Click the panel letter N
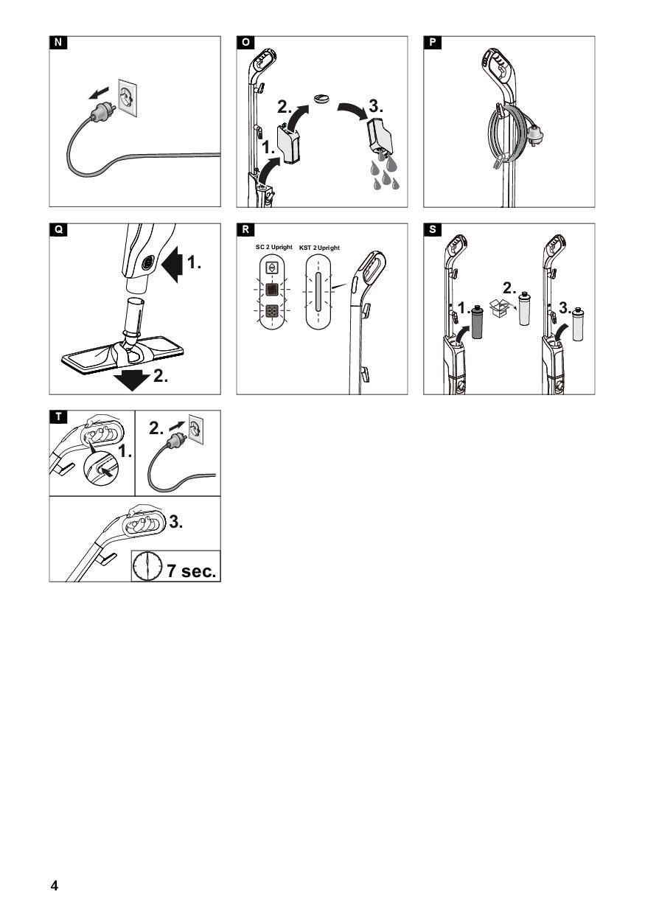pyautogui.click(x=58, y=43)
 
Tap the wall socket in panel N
pyautogui.click(x=128, y=97)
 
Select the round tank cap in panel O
pyautogui.click(x=322, y=99)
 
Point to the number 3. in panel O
pyautogui.click(x=376, y=106)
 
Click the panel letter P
pyautogui.click(x=433, y=43)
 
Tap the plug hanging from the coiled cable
pyautogui.click(x=536, y=133)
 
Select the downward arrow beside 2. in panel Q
pyautogui.click(x=132, y=380)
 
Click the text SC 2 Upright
pyautogui.click(x=273, y=247)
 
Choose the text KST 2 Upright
pyautogui.click(x=319, y=248)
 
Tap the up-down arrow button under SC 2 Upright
pyautogui.click(x=271, y=268)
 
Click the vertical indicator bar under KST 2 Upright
pyautogui.click(x=318, y=292)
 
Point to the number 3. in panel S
pyautogui.click(x=565, y=307)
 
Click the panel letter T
pyautogui.click(x=58, y=416)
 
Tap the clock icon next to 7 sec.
pyautogui.click(x=147, y=566)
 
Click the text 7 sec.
pyautogui.click(x=192, y=570)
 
